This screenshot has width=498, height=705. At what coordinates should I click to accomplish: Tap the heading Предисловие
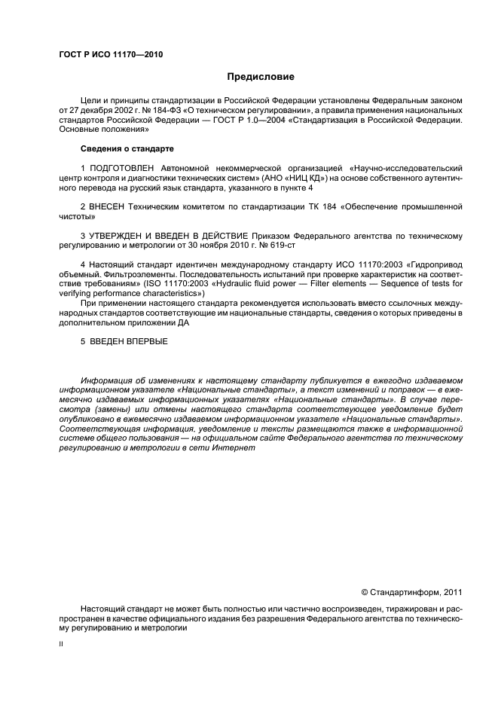click(261, 77)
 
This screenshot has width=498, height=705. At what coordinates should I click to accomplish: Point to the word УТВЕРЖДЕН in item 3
click(115, 236)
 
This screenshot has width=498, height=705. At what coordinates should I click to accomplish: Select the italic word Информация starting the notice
click(108, 380)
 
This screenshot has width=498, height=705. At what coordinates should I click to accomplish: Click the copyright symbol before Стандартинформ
click(365, 592)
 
